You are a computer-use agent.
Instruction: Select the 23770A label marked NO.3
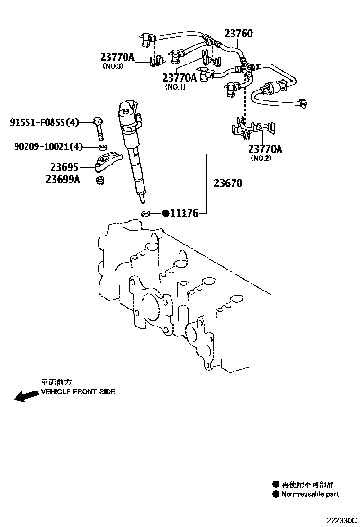[x=117, y=57]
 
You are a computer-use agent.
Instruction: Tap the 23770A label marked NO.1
[x=180, y=78]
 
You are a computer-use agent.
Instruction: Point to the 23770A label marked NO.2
[x=265, y=149]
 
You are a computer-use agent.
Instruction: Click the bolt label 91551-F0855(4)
[x=45, y=123]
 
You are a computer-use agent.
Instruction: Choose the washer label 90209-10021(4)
[x=48, y=147]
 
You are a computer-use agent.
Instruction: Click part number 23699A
[x=63, y=179]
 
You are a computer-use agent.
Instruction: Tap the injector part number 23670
[x=228, y=183]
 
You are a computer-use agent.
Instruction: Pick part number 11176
[x=184, y=214]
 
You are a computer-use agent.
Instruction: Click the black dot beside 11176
[x=166, y=214]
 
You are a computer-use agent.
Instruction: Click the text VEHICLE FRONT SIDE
[x=78, y=392]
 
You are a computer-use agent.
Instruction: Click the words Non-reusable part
[x=310, y=494]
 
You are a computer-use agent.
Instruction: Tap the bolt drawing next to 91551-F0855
[x=99, y=127]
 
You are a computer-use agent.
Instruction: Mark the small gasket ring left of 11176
[x=146, y=214]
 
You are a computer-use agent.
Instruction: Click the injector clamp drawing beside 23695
[x=108, y=162]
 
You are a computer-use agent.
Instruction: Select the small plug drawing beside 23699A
[x=99, y=180]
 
